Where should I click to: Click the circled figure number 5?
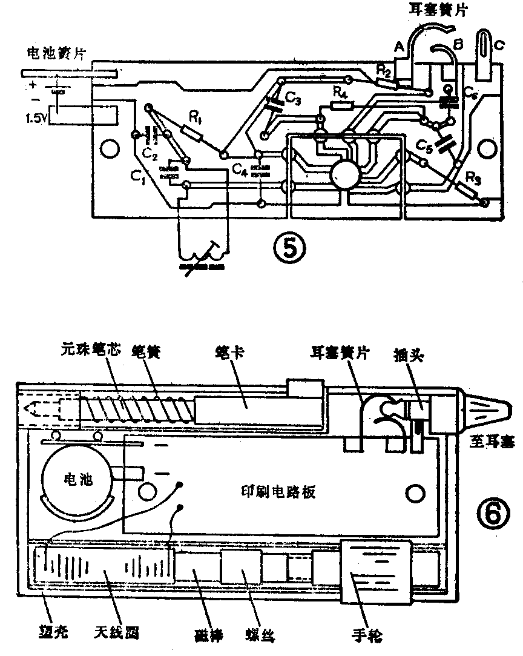[x=289, y=246]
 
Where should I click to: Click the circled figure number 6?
[x=489, y=514]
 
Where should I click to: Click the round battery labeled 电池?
[x=77, y=480]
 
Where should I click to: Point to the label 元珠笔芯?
[x=86, y=350]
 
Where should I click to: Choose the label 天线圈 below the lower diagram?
[x=117, y=634]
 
